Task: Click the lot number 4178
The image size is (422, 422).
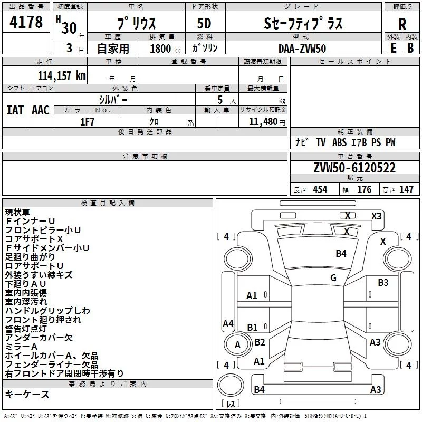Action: [26, 23]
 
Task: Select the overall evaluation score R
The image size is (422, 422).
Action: [402, 24]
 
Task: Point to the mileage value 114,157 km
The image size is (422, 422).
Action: [62, 75]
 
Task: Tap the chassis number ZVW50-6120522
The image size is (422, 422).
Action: [354, 168]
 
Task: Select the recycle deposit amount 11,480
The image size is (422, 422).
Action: [262, 121]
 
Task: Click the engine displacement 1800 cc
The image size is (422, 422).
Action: [159, 49]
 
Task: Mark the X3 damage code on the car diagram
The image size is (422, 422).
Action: [376, 216]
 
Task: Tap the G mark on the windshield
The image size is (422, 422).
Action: [333, 277]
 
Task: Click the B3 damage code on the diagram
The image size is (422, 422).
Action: [383, 283]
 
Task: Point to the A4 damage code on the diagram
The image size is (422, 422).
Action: [228, 324]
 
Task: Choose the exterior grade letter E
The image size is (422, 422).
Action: [393, 48]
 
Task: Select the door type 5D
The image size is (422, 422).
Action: [204, 24]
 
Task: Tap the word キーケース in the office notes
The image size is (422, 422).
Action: [27, 394]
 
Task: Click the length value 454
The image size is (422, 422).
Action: [320, 190]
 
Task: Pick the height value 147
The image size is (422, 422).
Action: [406, 190]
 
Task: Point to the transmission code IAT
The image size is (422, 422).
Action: [15, 110]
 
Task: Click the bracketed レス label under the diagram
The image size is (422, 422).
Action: [231, 404]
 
